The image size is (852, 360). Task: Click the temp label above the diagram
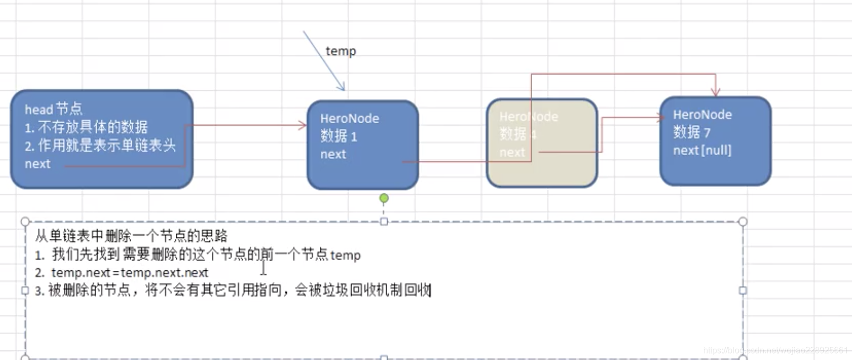tap(340, 51)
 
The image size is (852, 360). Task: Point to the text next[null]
tap(702, 150)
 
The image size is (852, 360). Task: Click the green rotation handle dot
tap(384, 199)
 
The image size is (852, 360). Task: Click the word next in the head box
tap(37, 164)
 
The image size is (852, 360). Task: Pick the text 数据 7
tap(691, 132)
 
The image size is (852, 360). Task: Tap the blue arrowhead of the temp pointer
tap(342, 87)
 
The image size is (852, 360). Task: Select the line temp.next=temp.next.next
tap(130, 273)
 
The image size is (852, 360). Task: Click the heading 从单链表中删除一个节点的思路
tap(131, 236)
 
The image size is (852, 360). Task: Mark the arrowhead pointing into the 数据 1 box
tap(303, 126)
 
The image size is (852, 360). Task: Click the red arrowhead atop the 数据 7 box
tap(715, 92)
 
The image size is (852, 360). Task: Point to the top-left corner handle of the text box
tap(25, 221)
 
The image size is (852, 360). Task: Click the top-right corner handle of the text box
tap(743, 221)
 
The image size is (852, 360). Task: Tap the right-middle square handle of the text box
tap(743, 290)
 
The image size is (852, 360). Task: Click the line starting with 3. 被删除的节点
tap(233, 290)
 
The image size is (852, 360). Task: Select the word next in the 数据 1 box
tap(333, 155)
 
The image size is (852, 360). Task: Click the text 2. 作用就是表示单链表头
tap(100, 145)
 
